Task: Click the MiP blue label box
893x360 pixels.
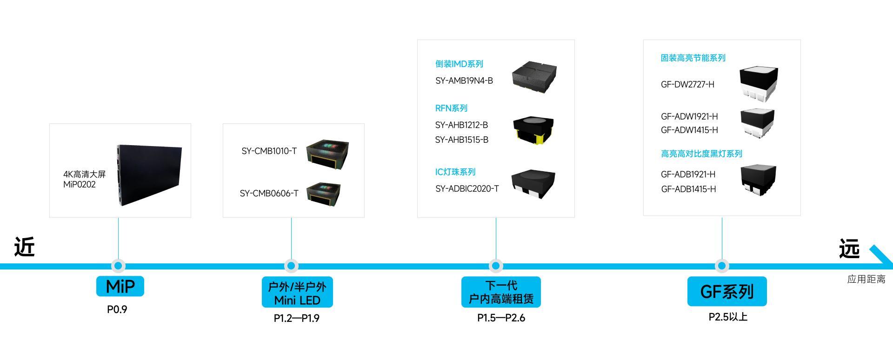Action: click(120, 286)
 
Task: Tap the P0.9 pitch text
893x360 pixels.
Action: click(117, 309)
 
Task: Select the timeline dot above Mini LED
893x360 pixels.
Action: click(291, 266)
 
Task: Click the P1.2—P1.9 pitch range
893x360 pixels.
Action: click(297, 318)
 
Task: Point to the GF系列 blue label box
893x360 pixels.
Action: click(726, 292)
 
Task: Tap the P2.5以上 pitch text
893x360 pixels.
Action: click(728, 317)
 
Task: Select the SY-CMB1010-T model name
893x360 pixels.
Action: click(269, 151)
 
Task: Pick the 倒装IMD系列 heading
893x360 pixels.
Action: click(459, 64)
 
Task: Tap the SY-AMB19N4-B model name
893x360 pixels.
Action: click(464, 80)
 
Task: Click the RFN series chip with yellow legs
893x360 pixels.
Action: click(533, 129)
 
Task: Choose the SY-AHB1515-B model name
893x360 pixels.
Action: click(462, 140)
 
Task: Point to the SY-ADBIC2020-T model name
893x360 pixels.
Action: click(467, 188)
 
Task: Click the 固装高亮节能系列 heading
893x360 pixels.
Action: click(693, 58)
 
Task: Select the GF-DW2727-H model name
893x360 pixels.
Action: click(687, 84)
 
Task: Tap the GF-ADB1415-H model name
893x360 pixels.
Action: click(688, 189)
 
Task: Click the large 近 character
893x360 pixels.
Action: click(24, 247)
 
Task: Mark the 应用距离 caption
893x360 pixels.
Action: click(866, 279)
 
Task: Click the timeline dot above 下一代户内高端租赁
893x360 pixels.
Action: click(496, 266)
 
